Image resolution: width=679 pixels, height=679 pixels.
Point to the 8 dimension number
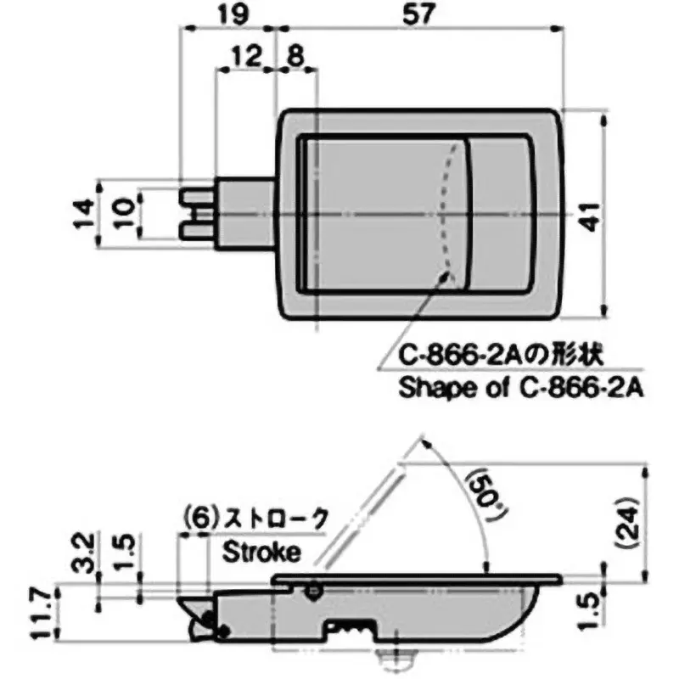[296, 57]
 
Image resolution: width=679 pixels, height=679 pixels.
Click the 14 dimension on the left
[81, 215]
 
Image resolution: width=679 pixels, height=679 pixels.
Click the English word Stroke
[261, 553]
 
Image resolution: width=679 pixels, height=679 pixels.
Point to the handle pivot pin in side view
[315, 588]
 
